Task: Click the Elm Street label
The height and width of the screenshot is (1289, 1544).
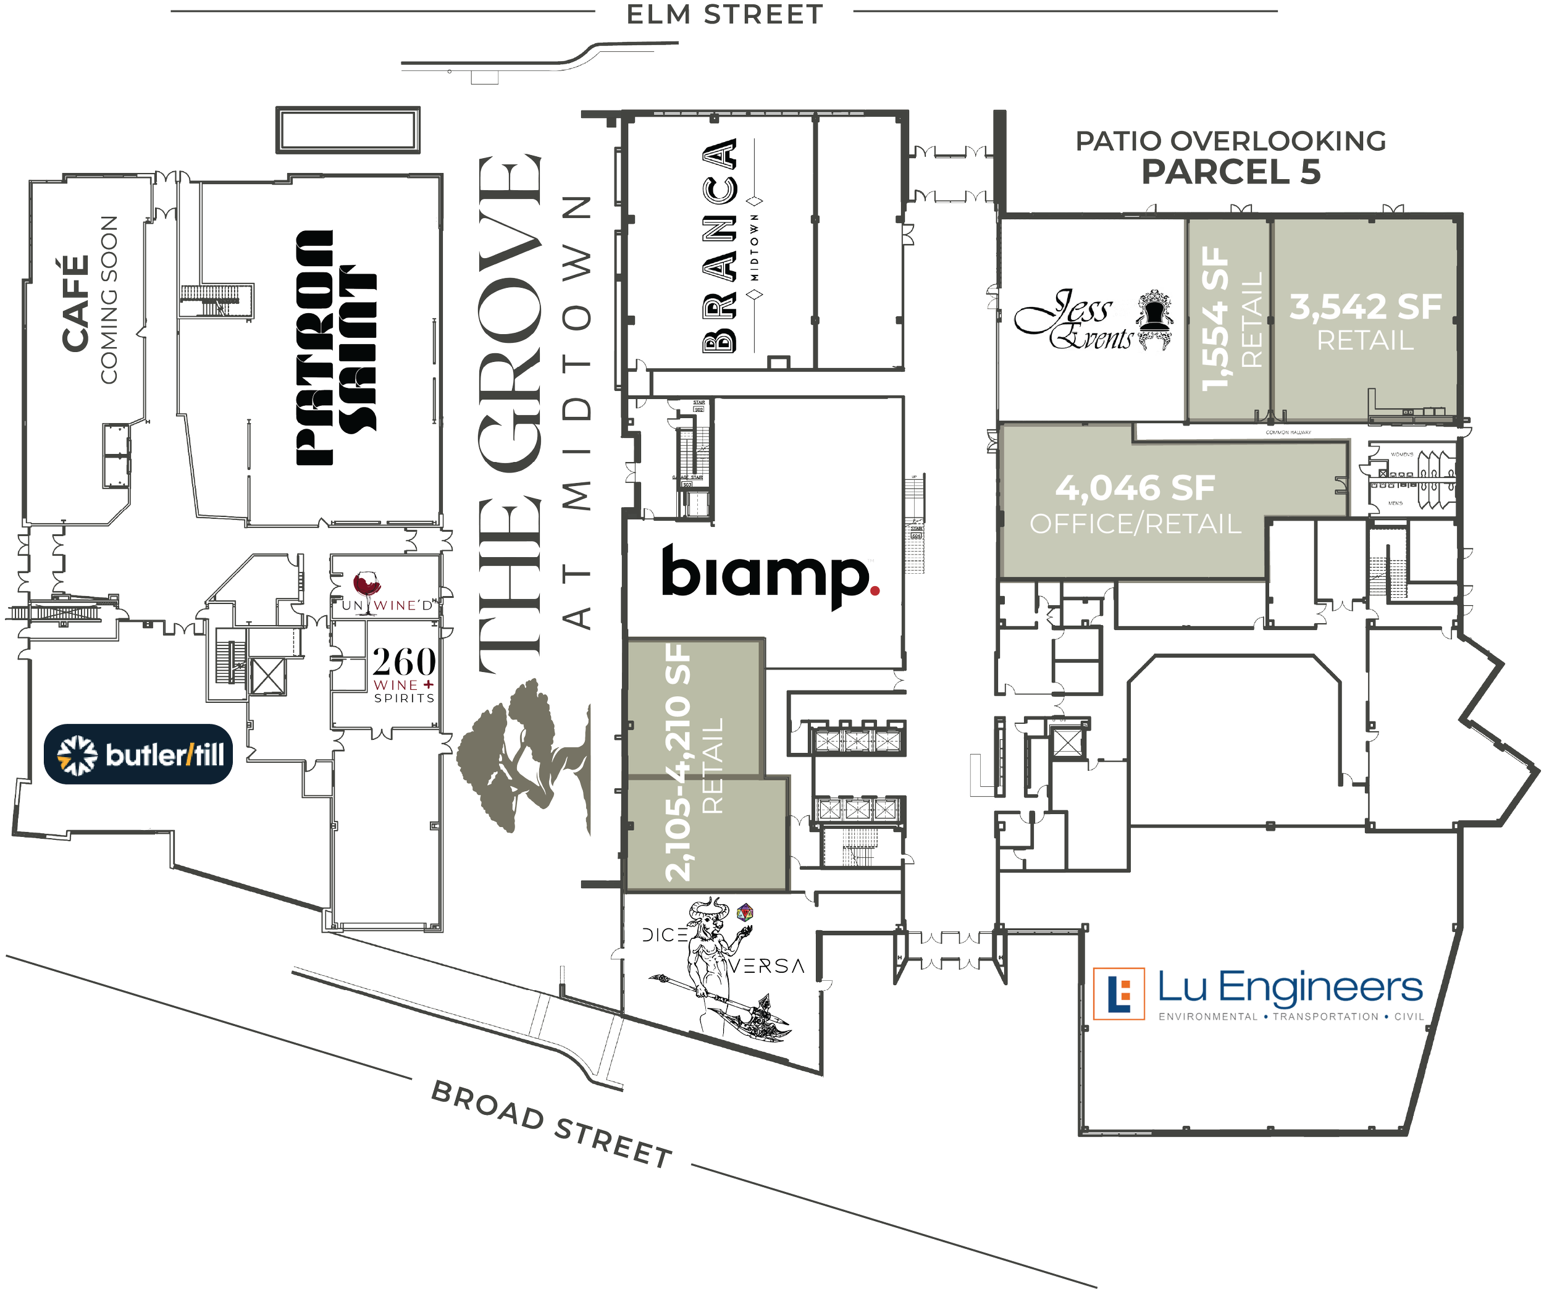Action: [x=724, y=15]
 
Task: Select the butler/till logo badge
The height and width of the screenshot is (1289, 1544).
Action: [x=139, y=754]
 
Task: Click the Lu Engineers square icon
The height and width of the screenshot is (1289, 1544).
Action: [x=1118, y=994]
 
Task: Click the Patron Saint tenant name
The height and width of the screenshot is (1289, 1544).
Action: [x=335, y=348]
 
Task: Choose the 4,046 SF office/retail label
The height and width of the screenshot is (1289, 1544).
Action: [x=1136, y=505]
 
